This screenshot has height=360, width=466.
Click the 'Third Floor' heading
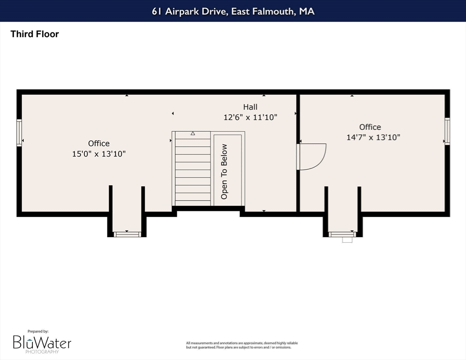coord(35,34)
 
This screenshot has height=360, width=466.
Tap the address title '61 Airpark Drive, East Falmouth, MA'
coord(233,11)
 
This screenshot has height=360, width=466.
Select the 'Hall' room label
coord(250,107)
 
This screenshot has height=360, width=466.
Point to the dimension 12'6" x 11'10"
coord(250,117)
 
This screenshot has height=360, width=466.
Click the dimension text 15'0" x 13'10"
coord(99,154)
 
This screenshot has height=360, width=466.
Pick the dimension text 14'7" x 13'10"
coord(373,137)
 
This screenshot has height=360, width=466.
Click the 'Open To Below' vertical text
coord(224,172)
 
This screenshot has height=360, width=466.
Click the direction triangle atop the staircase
coord(193,134)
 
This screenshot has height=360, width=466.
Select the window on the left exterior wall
coord(19,133)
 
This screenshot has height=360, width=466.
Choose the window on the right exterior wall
coord(447,131)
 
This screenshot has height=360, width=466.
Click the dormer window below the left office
coord(128,234)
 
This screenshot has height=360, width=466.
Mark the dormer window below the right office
coord(342,234)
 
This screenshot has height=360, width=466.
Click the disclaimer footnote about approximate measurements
coord(241,345)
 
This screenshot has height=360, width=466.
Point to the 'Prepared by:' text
coord(38,331)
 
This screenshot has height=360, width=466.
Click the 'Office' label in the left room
coord(99,143)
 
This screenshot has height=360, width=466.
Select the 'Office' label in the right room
coord(370,127)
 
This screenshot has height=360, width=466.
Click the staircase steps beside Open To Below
coord(193,169)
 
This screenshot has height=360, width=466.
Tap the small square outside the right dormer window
coord(347,240)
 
